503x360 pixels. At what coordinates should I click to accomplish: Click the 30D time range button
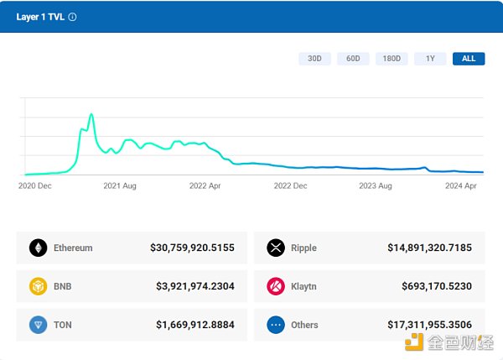[314, 59]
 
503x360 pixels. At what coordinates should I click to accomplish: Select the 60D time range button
[353, 59]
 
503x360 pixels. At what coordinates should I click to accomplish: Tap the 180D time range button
[392, 59]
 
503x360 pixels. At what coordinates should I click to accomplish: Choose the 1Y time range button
[430, 59]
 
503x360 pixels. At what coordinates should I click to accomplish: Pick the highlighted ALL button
[469, 59]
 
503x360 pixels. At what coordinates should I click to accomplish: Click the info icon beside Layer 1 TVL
[72, 17]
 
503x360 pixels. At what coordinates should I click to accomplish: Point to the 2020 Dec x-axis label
[35, 186]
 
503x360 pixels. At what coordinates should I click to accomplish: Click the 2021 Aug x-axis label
[119, 186]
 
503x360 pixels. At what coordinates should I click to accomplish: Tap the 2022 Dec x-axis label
[290, 186]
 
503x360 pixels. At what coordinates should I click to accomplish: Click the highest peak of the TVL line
[91, 114]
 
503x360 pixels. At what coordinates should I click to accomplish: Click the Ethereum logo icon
[38, 248]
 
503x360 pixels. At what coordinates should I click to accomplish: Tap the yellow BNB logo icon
[38, 286]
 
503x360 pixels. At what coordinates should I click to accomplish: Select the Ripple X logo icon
[276, 248]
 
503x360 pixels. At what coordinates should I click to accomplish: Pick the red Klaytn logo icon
[276, 286]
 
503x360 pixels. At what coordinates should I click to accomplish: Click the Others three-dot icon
[276, 325]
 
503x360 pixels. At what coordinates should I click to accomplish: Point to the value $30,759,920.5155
[192, 248]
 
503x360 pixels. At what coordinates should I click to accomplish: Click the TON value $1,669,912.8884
[195, 325]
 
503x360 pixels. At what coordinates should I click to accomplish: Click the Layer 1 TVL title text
[40, 17]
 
